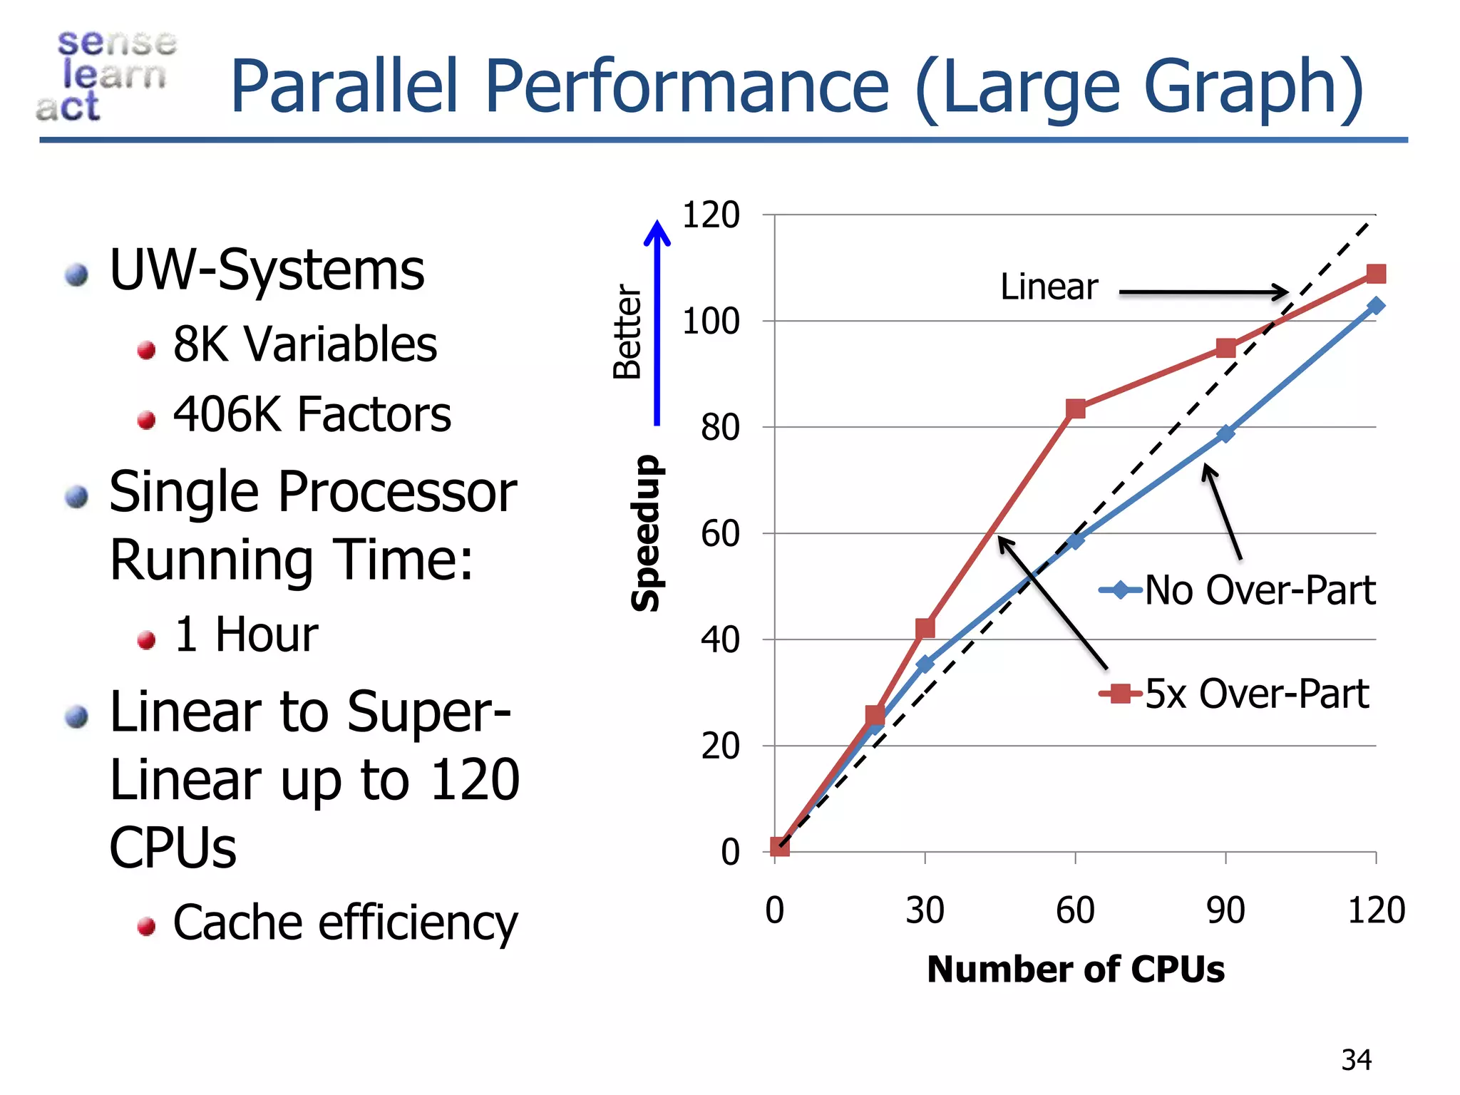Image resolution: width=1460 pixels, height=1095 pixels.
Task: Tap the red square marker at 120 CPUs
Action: (1376, 274)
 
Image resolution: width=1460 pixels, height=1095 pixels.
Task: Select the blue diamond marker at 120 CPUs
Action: (1376, 306)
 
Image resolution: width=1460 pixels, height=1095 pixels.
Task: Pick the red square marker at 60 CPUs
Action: (1076, 408)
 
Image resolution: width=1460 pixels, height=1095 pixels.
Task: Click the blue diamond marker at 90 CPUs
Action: (1225, 433)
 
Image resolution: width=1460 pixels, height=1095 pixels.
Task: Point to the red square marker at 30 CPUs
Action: (925, 628)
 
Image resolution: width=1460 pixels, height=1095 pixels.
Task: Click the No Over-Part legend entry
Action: (1237, 590)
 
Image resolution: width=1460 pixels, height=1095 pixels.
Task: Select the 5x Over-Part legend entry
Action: (1234, 694)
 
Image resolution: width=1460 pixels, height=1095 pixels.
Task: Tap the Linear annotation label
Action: (1049, 287)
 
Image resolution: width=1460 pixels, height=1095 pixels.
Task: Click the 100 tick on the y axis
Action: (711, 322)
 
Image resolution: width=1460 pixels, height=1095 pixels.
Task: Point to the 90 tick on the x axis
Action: (1225, 910)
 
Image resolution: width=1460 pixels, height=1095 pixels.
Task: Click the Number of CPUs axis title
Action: (1075, 970)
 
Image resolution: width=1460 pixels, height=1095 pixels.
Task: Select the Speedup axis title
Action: (646, 533)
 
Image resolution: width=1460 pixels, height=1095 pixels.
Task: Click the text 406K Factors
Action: (312, 414)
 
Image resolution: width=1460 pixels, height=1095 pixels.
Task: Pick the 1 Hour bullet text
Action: (245, 634)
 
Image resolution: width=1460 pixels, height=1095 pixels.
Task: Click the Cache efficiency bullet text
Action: (345, 923)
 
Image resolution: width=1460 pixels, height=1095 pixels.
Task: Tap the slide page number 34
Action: (1355, 1060)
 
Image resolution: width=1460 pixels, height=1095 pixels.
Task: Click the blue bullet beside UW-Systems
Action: (76, 275)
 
